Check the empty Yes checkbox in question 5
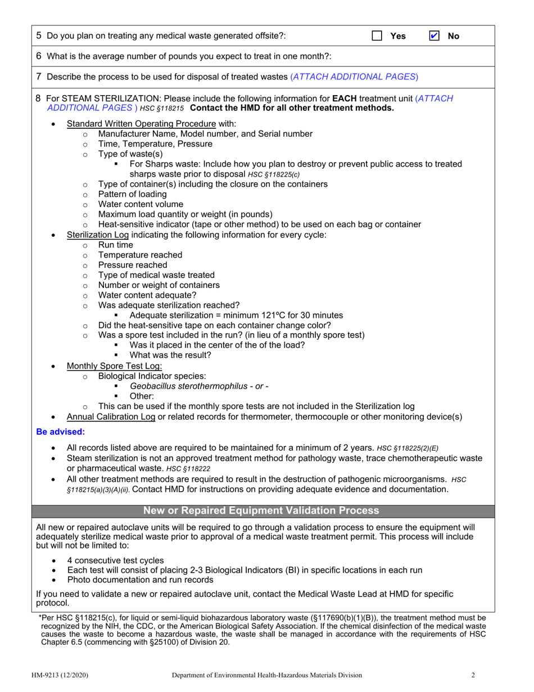click(377, 36)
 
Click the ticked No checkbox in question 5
click(434, 36)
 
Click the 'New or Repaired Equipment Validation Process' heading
click(261, 511)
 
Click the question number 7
click(39, 77)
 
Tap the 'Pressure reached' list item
click(132, 265)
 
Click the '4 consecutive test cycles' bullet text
click(115, 560)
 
